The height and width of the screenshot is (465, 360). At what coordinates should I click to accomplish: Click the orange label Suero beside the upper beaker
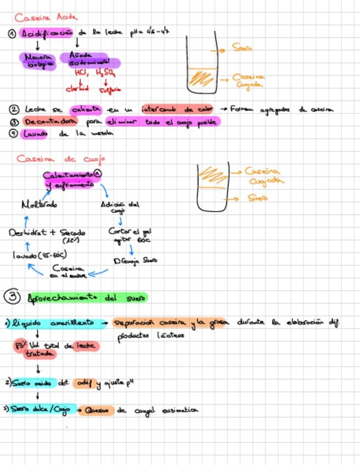point(242,49)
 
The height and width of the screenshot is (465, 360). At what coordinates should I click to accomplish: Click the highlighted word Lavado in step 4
point(36,133)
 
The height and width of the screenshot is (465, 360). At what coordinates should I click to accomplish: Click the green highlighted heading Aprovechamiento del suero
point(88,298)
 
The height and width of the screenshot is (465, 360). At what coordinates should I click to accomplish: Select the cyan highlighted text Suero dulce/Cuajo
point(43,409)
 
